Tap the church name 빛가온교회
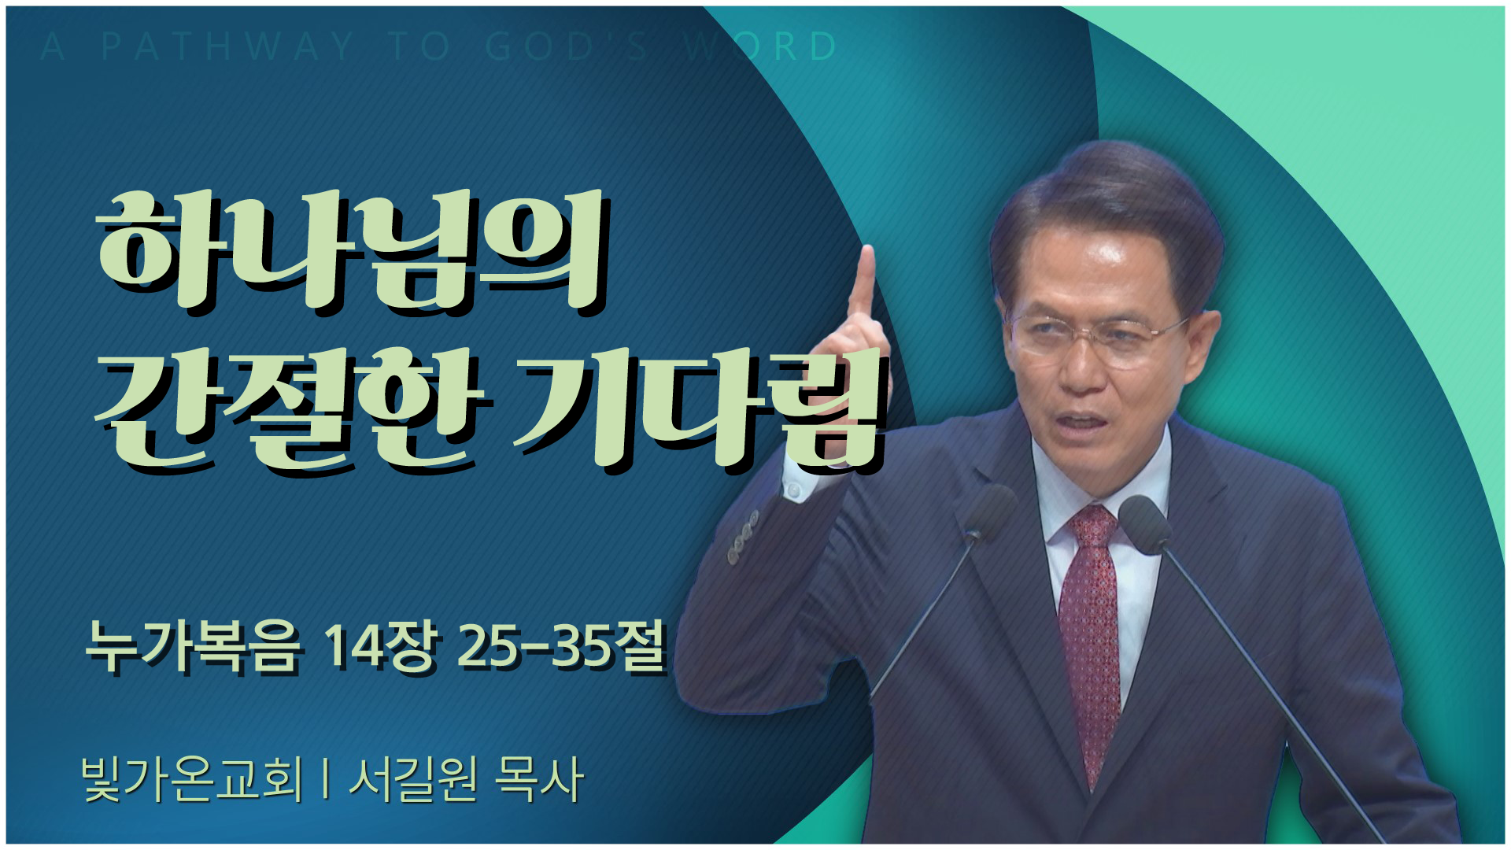[192, 779]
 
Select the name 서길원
[412, 779]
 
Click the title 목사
[539, 779]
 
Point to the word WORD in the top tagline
[760, 46]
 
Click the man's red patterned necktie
[1090, 637]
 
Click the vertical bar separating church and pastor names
[325, 779]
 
